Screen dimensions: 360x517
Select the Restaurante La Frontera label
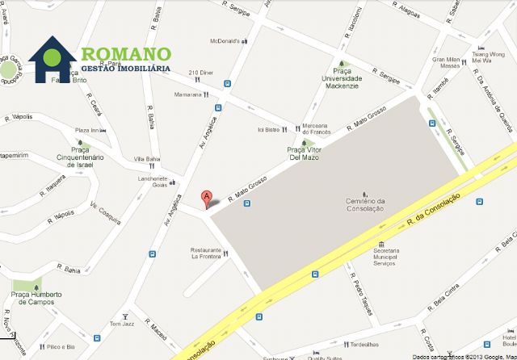pos(206,253)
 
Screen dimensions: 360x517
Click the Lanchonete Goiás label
pos(153,182)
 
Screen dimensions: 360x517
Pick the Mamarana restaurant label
pos(187,94)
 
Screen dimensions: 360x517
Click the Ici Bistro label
pos(267,130)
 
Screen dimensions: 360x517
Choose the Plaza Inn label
pos(86,131)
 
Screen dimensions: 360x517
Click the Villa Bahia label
pos(147,159)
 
